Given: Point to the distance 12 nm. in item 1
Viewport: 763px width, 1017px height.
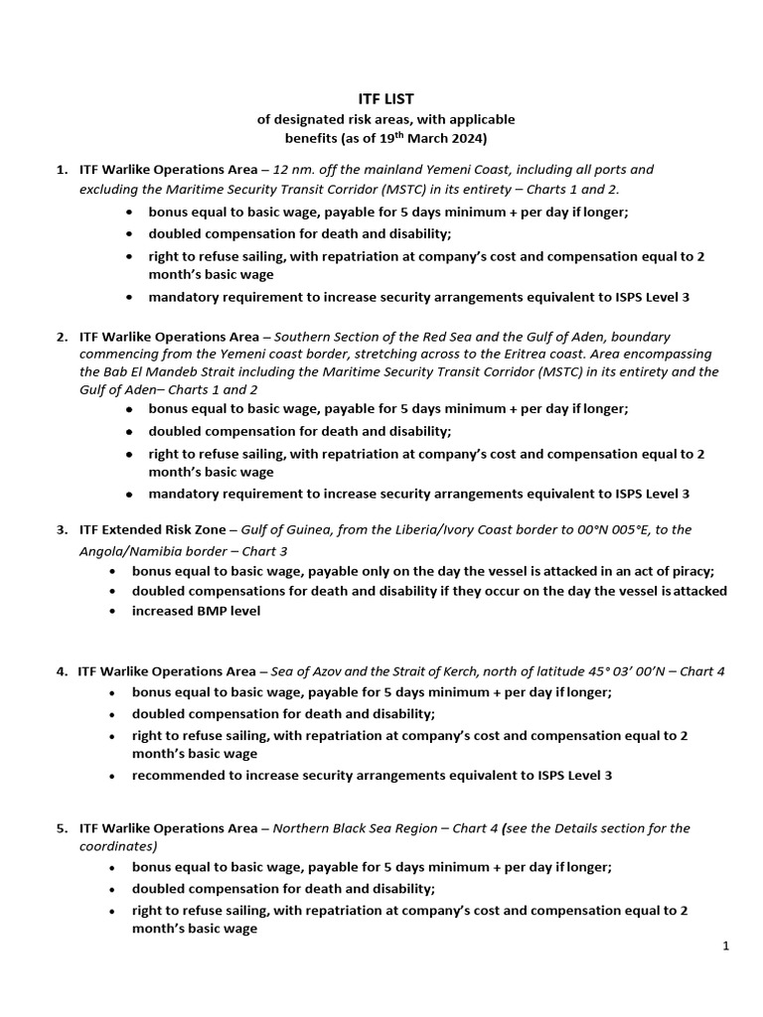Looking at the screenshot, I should [294, 170].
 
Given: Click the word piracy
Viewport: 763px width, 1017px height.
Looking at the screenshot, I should [688, 571].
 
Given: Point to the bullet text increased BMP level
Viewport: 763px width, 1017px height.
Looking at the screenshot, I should [196, 611].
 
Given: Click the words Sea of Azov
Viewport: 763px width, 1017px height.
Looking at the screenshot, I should [315, 670].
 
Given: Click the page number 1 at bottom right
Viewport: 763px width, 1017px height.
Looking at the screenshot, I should [726, 946].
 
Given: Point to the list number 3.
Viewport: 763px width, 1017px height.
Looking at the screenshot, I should [62, 529].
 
